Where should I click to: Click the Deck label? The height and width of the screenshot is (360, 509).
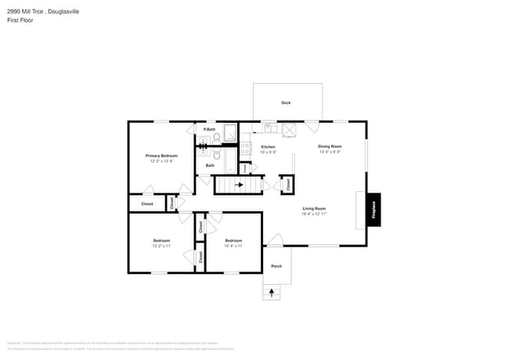pyautogui.click(x=286, y=103)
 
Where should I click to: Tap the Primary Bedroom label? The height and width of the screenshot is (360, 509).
pyautogui.click(x=162, y=156)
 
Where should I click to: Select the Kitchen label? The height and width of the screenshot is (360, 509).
pyautogui.click(x=268, y=147)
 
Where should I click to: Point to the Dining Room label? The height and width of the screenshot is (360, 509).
pyautogui.click(x=330, y=146)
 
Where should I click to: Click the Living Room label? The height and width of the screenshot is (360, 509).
pyautogui.click(x=314, y=208)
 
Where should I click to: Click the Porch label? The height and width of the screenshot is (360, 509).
pyautogui.click(x=276, y=266)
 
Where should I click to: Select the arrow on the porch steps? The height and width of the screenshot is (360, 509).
pyautogui.click(x=273, y=292)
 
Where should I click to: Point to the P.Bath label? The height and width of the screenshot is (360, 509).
pyautogui.click(x=209, y=129)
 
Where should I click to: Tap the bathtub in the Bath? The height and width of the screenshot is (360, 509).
pyautogui.click(x=228, y=161)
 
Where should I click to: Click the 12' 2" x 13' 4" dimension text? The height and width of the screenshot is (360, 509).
pyautogui.click(x=162, y=161)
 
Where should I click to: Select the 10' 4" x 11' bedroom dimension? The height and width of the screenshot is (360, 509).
pyautogui.click(x=233, y=246)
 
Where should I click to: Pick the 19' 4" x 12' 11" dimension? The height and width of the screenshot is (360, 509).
pyautogui.click(x=314, y=214)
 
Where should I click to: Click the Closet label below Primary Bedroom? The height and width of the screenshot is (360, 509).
pyautogui.click(x=147, y=203)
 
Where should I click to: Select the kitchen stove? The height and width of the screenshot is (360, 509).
pyautogui.click(x=245, y=147)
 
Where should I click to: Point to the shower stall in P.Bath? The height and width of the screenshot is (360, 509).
pyautogui.click(x=230, y=133)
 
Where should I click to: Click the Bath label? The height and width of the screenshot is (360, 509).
pyautogui.click(x=210, y=165)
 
